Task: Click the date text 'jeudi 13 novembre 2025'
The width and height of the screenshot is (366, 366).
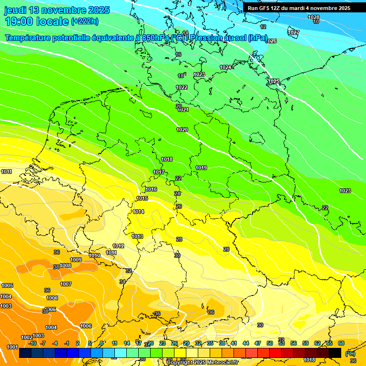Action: tap(57, 10)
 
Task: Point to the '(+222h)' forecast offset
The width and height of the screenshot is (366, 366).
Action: tap(85, 21)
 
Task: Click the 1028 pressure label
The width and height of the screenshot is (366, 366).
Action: tap(314, 17)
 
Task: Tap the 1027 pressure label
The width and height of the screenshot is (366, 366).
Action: tap(294, 32)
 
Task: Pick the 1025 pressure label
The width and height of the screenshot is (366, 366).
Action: tap(274, 81)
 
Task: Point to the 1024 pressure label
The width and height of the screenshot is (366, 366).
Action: tap(225, 67)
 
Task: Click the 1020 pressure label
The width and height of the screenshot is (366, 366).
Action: tap(182, 130)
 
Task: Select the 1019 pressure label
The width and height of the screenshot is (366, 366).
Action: tap(201, 168)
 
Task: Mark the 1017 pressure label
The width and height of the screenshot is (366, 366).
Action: tap(159, 172)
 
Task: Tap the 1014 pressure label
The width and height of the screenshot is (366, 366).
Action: tap(139, 212)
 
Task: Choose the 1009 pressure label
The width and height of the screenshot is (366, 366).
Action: tap(76, 260)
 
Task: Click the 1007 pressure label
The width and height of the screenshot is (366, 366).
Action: tap(66, 284)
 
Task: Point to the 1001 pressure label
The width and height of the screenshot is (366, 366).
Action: tap(12, 347)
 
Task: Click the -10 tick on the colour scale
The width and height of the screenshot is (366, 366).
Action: tap(32, 343)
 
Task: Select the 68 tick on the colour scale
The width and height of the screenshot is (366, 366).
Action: tap(341, 343)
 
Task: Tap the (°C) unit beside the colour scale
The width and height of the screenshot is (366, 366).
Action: tap(350, 354)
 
